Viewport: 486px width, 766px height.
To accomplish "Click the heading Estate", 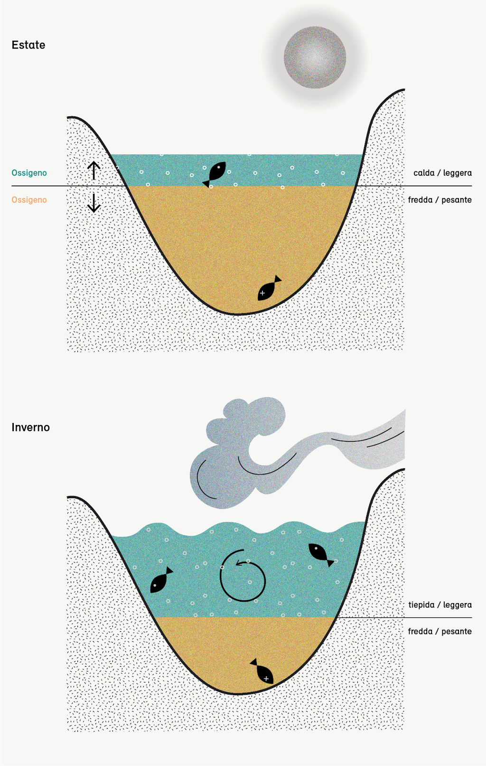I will tap(28, 45).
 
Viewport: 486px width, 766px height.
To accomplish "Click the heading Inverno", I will tap(30, 427).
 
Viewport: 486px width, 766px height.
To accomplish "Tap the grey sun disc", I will tap(315, 57).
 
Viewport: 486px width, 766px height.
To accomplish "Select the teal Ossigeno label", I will tap(29, 173).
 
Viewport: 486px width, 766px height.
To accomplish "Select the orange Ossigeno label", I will tap(29, 200).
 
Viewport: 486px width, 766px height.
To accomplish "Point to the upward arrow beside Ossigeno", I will tap(94, 170).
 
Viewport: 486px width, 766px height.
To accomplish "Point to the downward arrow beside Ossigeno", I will tap(94, 203).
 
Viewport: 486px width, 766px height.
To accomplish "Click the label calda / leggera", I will tap(442, 173).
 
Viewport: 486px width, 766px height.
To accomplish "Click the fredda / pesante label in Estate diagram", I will tap(439, 200).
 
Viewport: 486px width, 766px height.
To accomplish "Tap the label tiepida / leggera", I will tap(440, 605).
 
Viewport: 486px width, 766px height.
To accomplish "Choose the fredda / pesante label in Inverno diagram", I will tap(439, 632).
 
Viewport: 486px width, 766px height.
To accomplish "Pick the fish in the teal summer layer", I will tap(215, 173).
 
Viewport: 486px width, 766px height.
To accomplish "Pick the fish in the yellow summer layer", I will tap(269, 289).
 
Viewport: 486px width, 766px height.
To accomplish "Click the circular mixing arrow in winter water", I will tap(243, 576).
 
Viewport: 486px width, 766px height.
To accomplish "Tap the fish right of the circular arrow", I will tap(320, 554).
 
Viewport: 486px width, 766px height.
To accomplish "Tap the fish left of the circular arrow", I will tap(161, 580).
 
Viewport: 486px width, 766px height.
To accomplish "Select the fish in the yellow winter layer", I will tap(262, 671).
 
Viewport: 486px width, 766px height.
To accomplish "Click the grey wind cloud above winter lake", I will tap(237, 456).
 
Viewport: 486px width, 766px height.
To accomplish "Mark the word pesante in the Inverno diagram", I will tap(457, 632).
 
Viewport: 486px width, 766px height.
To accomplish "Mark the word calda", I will tap(424, 173).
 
